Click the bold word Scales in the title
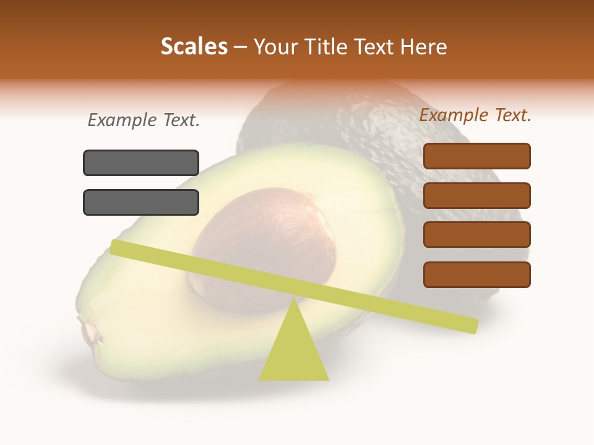pyautogui.click(x=194, y=46)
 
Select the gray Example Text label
pyautogui.click(x=144, y=120)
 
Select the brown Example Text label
pyautogui.click(x=475, y=115)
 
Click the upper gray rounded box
pyautogui.click(x=141, y=163)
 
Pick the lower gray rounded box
pyautogui.click(x=141, y=202)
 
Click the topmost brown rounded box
pyautogui.click(x=476, y=156)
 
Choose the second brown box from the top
pyautogui.click(x=476, y=195)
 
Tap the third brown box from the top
pyautogui.click(x=476, y=235)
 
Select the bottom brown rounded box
pyautogui.click(x=476, y=274)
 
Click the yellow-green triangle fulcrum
pyautogui.click(x=294, y=352)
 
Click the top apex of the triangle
pyautogui.click(x=294, y=300)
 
